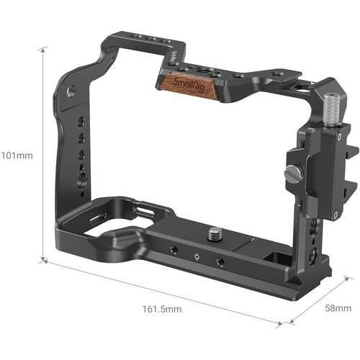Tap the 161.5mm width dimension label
[162, 309]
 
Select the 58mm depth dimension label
[337, 307]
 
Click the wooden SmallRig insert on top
[188, 85]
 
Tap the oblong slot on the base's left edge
[96, 216]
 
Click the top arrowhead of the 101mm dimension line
[44, 48]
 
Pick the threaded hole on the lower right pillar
[312, 256]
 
